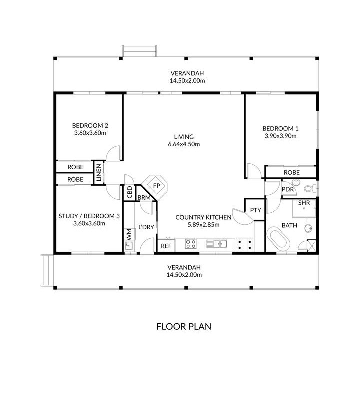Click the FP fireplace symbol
(x=155, y=186)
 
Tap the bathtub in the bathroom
(x=278, y=239)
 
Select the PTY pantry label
(x=256, y=210)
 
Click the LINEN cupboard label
(x=99, y=172)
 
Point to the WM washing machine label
(x=129, y=234)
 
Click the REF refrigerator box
(x=166, y=246)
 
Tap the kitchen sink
(x=216, y=244)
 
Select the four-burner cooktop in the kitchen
(x=191, y=244)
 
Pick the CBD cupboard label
(x=130, y=192)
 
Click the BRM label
(x=144, y=198)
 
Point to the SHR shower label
(x=304, y=203)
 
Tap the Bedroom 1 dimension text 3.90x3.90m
(x=280, y=136)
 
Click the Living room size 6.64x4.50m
(x=184, y=144)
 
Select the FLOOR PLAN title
(x=184, y=326)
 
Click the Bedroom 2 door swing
(x=113, y=153)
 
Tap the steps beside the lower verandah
(x=48, y=270)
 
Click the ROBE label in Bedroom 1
(x=292, y=172)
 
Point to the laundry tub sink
(x=129, y=246)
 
